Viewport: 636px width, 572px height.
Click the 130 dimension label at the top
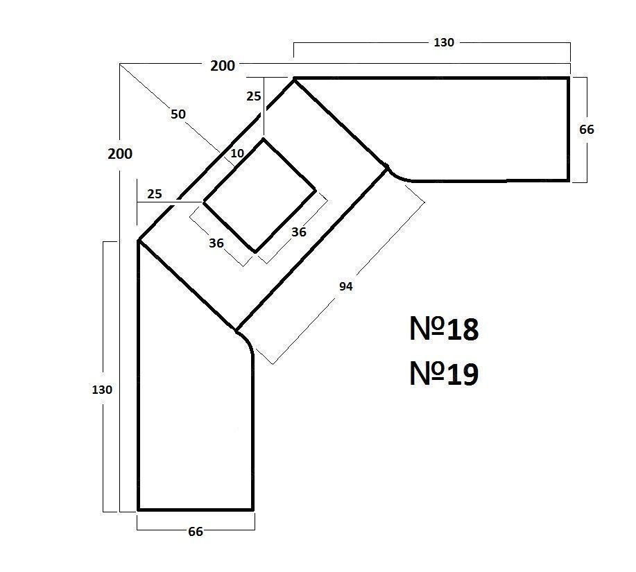click(x=444, y=42)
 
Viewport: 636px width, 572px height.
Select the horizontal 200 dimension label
click(x=222, y=66)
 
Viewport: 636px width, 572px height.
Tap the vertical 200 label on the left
click(x=120, y=154)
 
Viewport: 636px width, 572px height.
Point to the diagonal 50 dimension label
click(x=178, y=114)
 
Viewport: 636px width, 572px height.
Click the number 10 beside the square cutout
click(x=237, y=153)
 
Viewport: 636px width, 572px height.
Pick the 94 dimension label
click(x=345, y=286)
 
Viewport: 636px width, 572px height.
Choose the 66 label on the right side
click(x=587, y=130)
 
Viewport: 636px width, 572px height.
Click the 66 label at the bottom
click(x=196, y=532)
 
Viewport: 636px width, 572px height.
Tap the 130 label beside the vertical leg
click(x=102, y=390)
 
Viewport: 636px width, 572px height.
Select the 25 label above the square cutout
click(x=254, y=96)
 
